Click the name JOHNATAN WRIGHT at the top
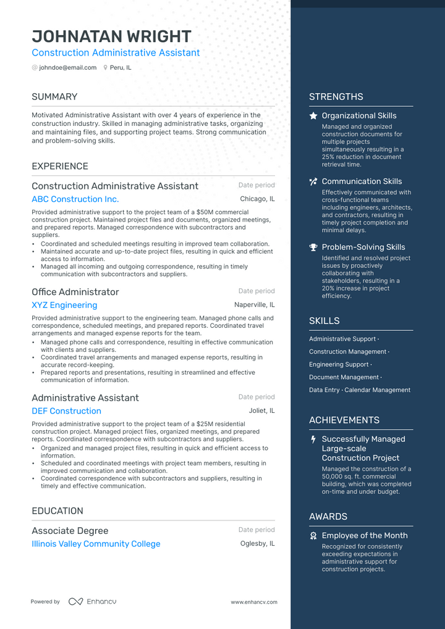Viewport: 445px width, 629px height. tap(111, 36)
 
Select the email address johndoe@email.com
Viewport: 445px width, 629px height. tap(67, 68)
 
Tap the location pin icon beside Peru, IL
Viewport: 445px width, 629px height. tap(106, 68)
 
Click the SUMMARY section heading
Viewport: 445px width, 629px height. tap(54, 97)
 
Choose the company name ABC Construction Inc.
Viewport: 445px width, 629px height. tap(75, 199)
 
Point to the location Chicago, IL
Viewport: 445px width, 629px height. tap(257, 199)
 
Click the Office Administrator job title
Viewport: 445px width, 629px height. tap(75, 292)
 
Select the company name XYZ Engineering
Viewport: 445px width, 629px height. tap(64, 305)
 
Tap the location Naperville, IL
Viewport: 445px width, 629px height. tap(254, 305)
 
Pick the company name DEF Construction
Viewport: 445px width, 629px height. tap(66, 411)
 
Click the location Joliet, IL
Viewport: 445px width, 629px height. tap(262, 411)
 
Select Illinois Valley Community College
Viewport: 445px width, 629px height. tap(96, 544)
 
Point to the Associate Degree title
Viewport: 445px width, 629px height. tap(70, 531)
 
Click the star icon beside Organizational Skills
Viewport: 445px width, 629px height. tap(313, 116)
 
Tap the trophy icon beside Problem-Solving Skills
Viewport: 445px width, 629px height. tap(313, 248)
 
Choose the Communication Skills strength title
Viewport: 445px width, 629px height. tap(362, 181)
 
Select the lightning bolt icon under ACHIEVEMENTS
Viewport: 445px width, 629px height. tap(313, 439)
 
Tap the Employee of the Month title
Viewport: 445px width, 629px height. tap(364, 536)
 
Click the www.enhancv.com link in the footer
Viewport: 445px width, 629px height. tap(253, 602)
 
